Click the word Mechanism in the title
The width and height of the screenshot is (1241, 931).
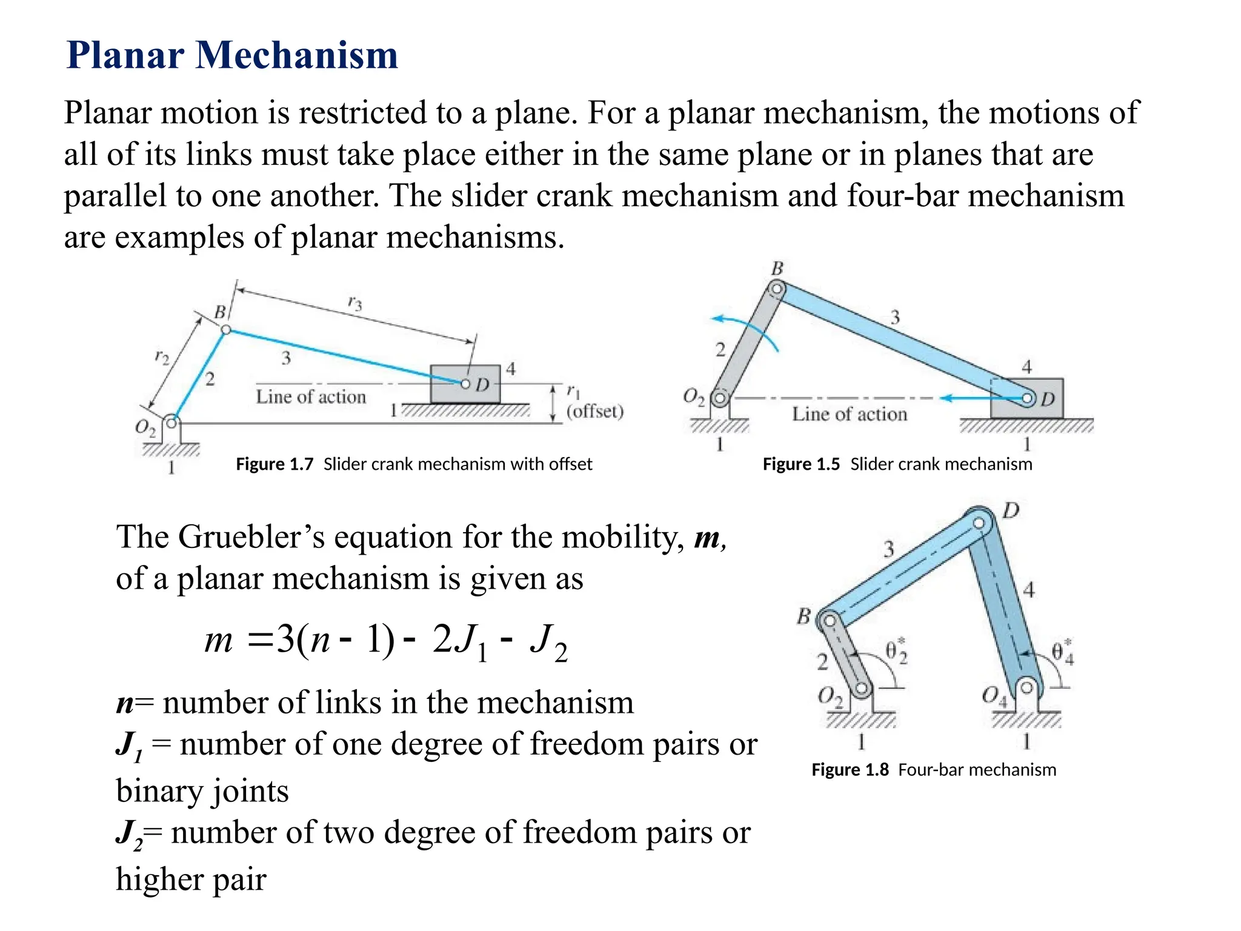296,55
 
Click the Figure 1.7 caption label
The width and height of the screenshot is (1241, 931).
274,464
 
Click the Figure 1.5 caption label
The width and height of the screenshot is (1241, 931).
800,464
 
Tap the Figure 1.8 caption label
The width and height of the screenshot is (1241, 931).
850,770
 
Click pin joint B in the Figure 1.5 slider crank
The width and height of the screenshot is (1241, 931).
776,290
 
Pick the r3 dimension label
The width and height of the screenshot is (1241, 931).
354,302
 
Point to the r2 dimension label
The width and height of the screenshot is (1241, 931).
162,356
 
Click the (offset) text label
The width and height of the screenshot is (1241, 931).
594,412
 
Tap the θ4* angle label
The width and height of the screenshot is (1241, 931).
1062,652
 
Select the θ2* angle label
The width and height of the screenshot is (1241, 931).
896,651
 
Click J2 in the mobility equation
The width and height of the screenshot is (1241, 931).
548,642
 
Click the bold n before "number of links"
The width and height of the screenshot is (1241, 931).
125,703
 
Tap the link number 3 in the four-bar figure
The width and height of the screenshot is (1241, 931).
888,549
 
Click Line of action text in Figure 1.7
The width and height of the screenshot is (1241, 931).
311,397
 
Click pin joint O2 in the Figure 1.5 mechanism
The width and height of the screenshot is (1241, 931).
720,398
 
